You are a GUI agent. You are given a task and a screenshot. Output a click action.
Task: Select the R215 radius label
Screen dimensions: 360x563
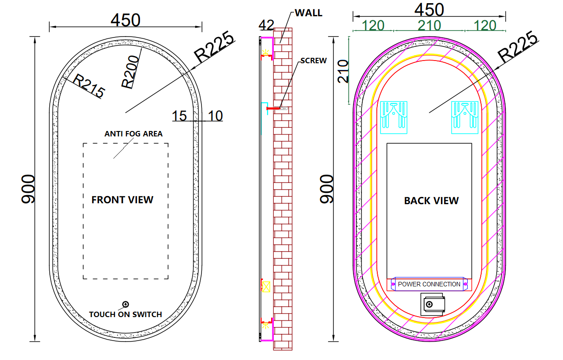pyautogui.click(x=89, y=87)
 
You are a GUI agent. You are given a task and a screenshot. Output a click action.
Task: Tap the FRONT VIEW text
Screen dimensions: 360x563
pyautogui.click(x=122, y=200)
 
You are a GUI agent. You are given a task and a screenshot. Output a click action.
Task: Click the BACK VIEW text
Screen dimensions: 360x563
pyautogui.click(x=431, y=201)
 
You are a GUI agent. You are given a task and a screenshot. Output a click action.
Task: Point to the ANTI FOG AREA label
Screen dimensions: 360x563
pyautogui.click(x=133, y=134)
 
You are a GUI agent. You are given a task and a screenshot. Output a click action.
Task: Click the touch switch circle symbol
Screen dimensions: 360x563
pyautogui.click(x=126, y=304)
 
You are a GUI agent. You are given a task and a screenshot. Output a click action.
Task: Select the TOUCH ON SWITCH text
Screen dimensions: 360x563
pyautogui.click(x=125, y=314)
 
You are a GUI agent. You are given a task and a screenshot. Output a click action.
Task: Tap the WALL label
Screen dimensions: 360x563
pyautogui.click(x=309, y=13)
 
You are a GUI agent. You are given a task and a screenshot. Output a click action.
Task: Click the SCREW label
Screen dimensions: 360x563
pyautogui.click(x=313, y=61)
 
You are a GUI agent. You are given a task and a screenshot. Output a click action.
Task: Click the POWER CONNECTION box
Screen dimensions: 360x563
pyautogui.click(x=429, y=284)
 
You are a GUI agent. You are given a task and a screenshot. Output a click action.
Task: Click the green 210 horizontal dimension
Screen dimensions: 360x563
pyautogui.click(x=429, y=25)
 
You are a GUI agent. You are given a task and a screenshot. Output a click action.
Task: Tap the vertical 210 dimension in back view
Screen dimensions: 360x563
pyautogui.click(x=343, y=70)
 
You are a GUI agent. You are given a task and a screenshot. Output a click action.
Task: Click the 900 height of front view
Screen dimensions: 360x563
pyautogui.click(x=28, y=189)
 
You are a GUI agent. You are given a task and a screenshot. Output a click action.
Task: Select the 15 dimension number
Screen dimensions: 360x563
pyautogui.click(x=179, y=116)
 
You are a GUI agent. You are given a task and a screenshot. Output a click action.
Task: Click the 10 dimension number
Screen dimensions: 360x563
pyautogui.click(x=215, y=116)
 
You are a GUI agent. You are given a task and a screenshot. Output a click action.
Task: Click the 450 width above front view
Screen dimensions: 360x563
pyautogui.click(x=126, y=20)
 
